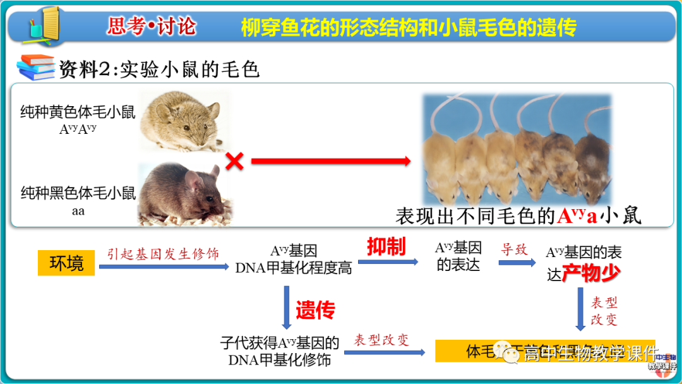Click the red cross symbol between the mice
pos(234,162)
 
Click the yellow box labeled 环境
pos(66,263)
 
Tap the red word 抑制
pos(386,247)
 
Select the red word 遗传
pos(315,309)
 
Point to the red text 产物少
pos(592,273)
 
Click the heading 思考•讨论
pos(152,27)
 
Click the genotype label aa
pos(78,211)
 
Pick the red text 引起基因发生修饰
pos(163,254)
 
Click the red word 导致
pos(514,249)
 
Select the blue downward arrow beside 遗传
pos(287,307)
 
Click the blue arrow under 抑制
pos(387,261)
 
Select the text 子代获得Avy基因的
pos(279,343)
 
